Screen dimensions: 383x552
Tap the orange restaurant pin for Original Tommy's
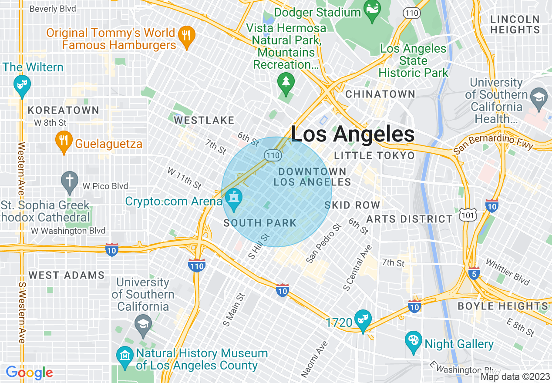coord(187,37)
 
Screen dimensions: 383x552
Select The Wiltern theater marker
coord(21,85)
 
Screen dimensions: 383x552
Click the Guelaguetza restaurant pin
coord(64,141)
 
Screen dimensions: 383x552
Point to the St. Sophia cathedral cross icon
coord(69,181)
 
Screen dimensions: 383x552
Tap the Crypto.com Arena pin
coord(234,199)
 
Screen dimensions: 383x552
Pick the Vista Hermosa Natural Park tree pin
coord(286,83)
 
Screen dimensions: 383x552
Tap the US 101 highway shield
coord(468,214)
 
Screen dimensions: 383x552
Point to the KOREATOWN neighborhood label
coord(64,110)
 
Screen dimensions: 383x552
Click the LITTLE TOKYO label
coord(374,155)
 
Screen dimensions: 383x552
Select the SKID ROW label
coord(352,205)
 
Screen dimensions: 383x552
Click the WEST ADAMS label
coord(66,275)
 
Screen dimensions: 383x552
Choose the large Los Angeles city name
coord(353,134)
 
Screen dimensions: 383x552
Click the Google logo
coord(29,373)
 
